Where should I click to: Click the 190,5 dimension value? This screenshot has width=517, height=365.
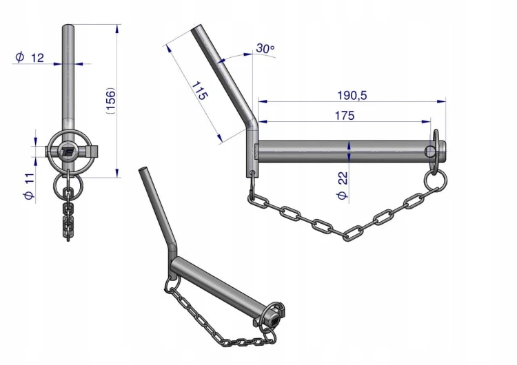point(352,96)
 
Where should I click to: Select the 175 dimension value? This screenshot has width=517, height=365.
point(345,116)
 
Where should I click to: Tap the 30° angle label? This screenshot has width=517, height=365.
point(265,48)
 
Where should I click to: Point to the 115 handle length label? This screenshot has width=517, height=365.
point(200,91)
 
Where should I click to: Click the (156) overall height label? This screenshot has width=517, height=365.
point(110,101)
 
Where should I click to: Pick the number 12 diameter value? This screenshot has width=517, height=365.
point(37,58)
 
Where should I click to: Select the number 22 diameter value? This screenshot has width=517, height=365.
point(343,178)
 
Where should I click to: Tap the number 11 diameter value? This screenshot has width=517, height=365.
point(29,178)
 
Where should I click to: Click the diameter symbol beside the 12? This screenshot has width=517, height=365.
point(20,56)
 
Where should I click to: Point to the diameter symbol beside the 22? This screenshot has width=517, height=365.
point(342,195)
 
